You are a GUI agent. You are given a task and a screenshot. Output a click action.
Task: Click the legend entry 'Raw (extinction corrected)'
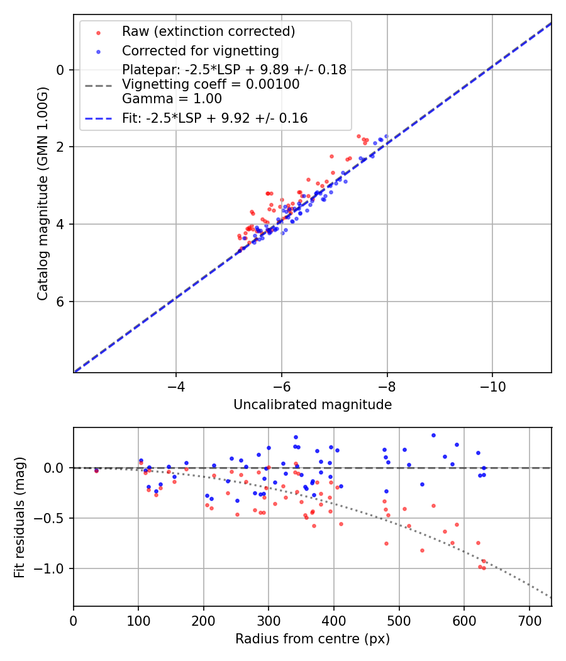coord(208,31)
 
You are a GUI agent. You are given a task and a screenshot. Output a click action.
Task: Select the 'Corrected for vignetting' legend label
coord(200,50)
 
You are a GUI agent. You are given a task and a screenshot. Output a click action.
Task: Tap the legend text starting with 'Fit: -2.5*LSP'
coord(214,118)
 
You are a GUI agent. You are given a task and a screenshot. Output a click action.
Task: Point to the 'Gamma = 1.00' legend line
coord(172,99)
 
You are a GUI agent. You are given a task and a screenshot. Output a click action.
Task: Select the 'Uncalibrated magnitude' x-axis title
coord(312,405)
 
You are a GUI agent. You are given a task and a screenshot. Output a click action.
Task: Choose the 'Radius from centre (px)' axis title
coord(312,639)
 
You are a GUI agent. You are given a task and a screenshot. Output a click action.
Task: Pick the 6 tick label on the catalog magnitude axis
coord(60,302)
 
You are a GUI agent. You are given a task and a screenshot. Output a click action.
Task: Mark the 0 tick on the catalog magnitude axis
coord(60,70)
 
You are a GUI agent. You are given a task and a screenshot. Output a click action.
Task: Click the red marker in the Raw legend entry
coord(97,32)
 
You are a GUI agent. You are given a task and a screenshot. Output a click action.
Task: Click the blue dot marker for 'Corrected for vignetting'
coord(97,51)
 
